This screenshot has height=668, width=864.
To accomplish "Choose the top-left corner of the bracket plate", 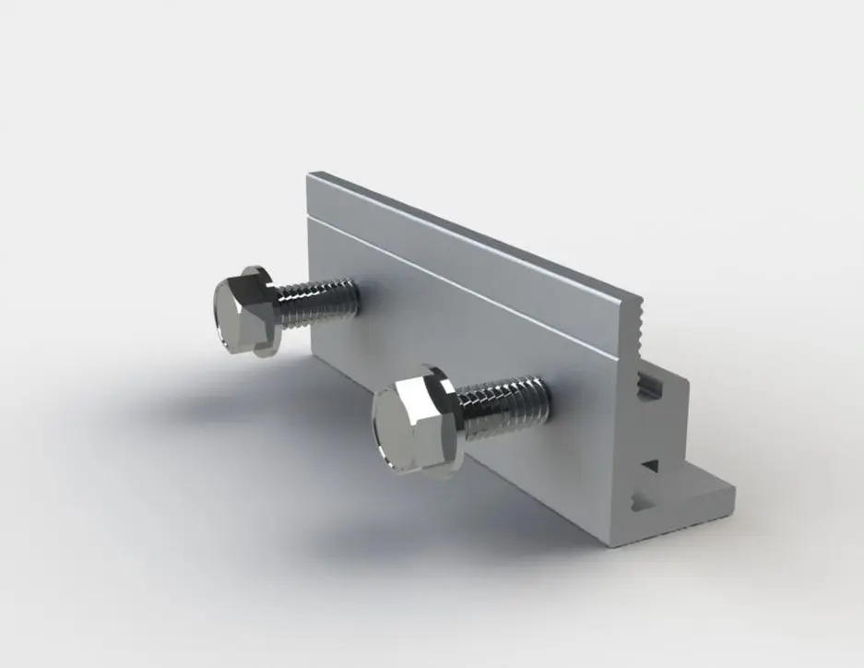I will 310,173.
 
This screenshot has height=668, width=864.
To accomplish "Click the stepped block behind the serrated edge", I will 669,397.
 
